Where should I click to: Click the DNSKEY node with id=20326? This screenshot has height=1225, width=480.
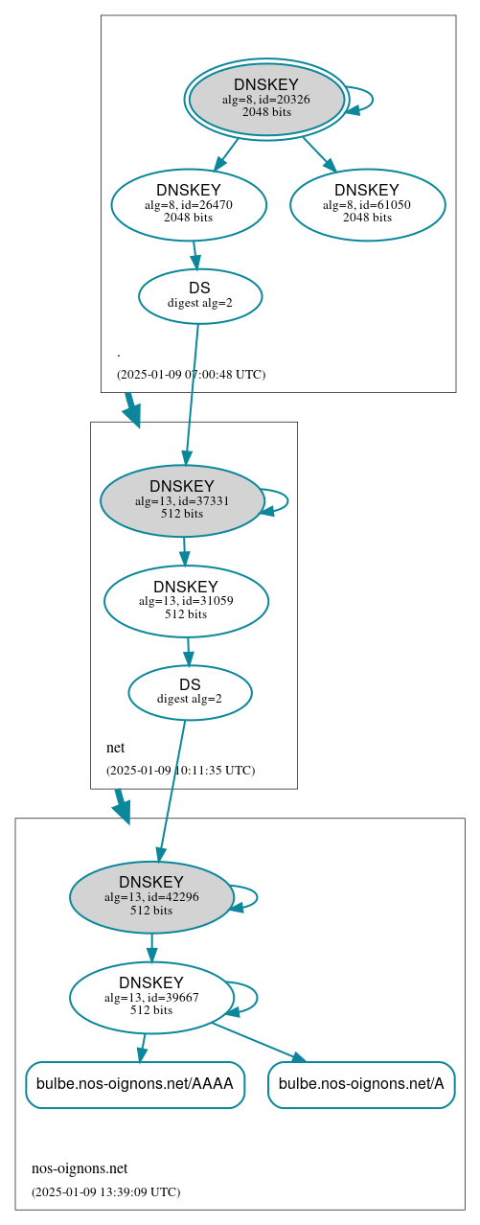[x=266, y=100]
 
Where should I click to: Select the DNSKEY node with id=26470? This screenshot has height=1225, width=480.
[x=189, y=204]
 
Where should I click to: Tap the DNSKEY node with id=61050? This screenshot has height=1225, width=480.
[x=367, y=204]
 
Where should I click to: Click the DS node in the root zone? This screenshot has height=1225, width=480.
[x=200, y=295]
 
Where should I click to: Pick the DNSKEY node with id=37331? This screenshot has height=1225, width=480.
[x=182, y=500]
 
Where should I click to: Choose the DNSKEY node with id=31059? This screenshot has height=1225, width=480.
[x=186, y=601]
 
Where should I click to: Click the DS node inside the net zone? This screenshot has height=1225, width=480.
[x=190, y=692]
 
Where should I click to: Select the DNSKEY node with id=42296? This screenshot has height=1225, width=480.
[x=151, y=897]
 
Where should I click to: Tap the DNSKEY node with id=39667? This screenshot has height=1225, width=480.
[x=151, y=997]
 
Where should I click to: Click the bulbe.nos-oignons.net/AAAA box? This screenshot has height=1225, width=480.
[x=135, y=1084]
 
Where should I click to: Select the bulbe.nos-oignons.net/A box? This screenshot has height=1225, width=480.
[x=361, y=1084]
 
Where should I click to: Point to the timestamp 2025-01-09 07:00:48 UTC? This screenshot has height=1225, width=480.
[x=191, y=374]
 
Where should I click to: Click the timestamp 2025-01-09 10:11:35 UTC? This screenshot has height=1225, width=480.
[x=180, y=770]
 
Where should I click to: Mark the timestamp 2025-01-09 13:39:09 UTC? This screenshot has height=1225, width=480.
[x=105, y=1191]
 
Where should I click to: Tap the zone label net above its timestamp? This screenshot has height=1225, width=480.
[x=115, y=748]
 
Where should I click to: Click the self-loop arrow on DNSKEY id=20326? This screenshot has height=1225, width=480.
[x=370, y=100]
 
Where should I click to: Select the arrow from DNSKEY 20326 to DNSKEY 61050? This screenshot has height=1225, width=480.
[x=319, y=153]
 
